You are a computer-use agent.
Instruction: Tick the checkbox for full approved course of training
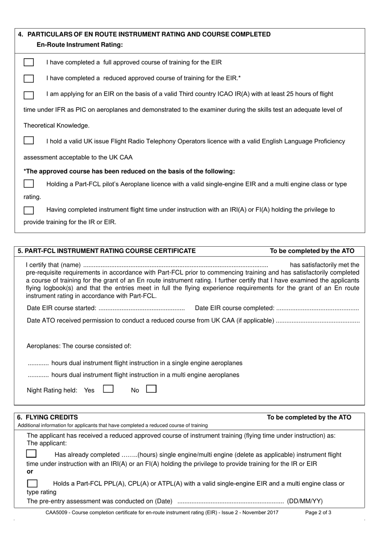click(x=29, y=63)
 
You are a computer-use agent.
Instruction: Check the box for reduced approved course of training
click(x=29, y=79)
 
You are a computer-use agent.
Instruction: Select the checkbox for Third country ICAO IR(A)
click(x=29, y=95)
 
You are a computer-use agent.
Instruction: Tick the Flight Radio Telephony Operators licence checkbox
click(x=29, y=141)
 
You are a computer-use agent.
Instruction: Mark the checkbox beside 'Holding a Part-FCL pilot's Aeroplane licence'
click(x=29, y=184)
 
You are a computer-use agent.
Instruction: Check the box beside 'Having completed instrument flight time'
click(x=29, y=210)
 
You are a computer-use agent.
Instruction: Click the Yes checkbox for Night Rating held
click(x=108, y=389)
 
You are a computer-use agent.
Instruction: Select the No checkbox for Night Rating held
click(x=151, y=389)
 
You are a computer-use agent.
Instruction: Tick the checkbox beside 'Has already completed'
click(x=31, y=454)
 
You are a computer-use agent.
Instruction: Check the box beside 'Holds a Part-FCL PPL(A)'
click(x=32, y=483)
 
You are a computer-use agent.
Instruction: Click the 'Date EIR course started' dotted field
click(x=141, y=308)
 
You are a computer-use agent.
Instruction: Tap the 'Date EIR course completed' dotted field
click(x=317, y=308)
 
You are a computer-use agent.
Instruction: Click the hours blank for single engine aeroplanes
click(x=38, y=363)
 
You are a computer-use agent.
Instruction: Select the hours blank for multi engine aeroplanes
click(x=38, y=375)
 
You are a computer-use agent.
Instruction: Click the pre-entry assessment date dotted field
click(x=230, y=501)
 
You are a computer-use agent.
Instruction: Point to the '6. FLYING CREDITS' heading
click(x=48, y=417)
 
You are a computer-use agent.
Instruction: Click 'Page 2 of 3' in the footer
click(x=318, y=512)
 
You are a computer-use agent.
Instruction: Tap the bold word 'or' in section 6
click(x=30, y=472)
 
